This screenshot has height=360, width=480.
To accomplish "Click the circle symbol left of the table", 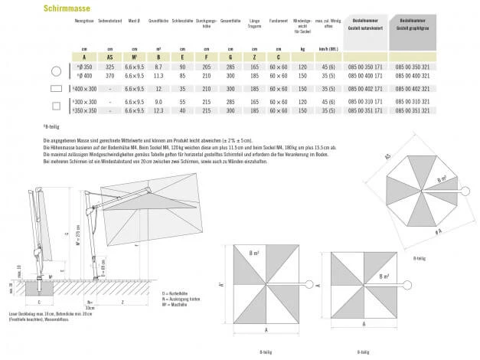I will pos(55,71).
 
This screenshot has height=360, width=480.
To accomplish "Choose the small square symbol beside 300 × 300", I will pos(55,104).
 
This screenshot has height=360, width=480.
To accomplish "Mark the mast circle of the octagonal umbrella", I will pos(463,189).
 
